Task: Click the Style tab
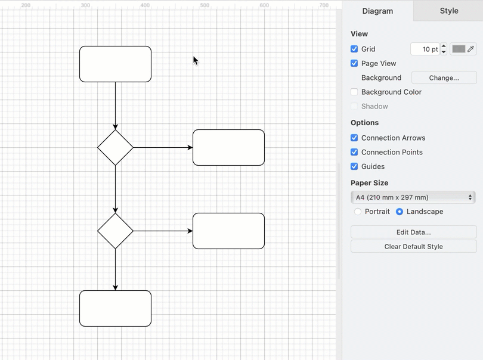point(448,11)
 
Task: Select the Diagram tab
point(377,11)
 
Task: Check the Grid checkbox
point(354,49)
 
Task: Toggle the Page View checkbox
point(354,63)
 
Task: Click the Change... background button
point(444,77)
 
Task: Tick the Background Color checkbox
point(354,92)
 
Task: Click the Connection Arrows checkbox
point(354,138)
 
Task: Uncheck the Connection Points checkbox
point(354,152)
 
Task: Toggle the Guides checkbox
point(354,166)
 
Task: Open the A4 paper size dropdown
point(413,197)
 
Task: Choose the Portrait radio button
point(358,212)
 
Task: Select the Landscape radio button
point(400,212)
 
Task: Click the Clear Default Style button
point(413,246)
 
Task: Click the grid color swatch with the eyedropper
point(463,49)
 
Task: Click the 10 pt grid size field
point(425,49)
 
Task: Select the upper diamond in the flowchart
point(115,147)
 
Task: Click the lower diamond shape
point(115,231)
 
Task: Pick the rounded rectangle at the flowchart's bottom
point(115,308)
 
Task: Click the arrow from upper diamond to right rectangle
point(162,147)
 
